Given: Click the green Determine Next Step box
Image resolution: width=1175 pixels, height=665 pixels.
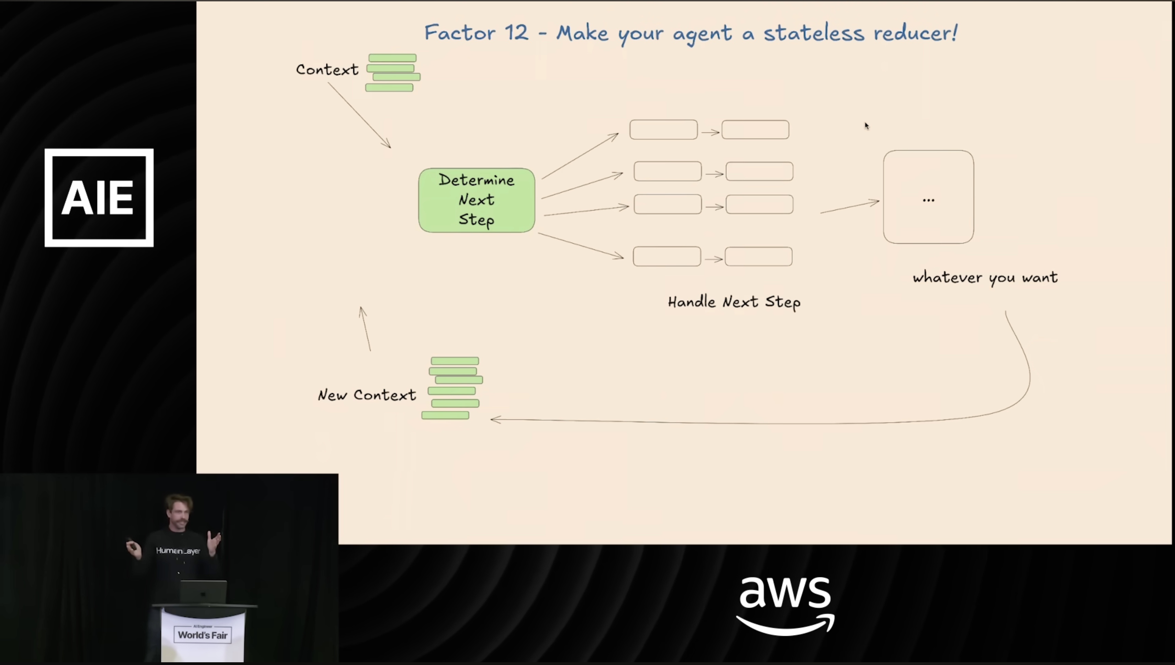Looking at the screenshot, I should coord(477,200).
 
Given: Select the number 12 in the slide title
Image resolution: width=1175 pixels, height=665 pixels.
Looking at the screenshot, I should coord(516,33).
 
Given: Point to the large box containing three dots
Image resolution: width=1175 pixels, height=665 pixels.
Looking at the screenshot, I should coord(928,197).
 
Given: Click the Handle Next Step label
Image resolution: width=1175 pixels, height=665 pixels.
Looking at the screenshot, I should coord(734,302).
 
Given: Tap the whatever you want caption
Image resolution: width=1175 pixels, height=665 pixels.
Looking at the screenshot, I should coord(985,278).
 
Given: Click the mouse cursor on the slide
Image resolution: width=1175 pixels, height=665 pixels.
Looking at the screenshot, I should coord(866,126).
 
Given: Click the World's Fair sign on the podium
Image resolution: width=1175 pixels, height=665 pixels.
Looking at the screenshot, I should coord(202,635).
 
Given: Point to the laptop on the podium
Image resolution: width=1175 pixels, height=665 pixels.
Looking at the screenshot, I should coord(203,592).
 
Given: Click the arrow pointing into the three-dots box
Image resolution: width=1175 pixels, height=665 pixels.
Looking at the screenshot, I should coord(850,206).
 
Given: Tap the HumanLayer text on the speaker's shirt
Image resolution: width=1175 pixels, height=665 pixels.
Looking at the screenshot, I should coord(178,551).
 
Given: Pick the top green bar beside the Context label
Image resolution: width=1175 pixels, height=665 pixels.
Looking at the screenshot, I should coord(392,58).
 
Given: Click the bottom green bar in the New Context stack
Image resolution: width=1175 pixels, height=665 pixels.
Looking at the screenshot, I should coord(445,415).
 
